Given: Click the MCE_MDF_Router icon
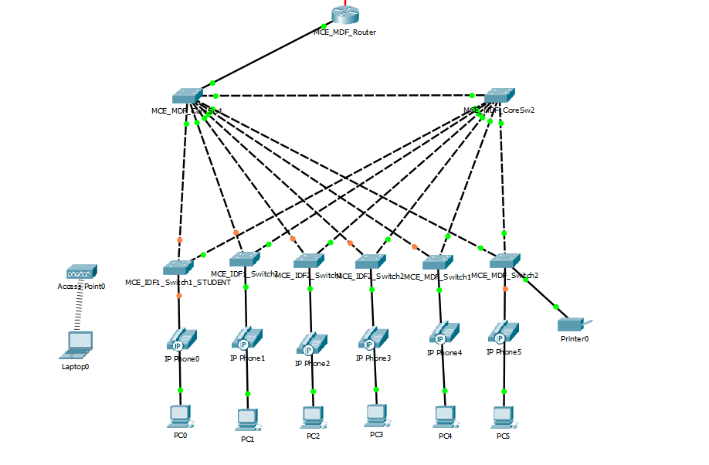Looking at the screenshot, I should point(345,14).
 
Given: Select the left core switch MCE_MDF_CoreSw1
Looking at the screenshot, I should point(187,96).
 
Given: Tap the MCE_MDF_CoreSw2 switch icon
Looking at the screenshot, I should point(500,95).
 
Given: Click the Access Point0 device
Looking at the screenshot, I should point(81,272).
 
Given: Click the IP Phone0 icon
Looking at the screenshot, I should point(181,339).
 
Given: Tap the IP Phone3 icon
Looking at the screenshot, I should point(374,338).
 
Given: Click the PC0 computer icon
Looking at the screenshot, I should point(181,416).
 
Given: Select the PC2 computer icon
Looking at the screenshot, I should point(313,416).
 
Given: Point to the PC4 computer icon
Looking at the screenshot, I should point(445,416).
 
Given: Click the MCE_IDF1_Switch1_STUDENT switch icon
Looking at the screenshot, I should point(179,266).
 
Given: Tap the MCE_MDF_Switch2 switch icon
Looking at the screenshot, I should point(505,260).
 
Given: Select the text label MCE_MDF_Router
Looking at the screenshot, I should point(344,32).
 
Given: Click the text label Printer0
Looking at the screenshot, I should point(575,339).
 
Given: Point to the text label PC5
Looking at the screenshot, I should point(504,436).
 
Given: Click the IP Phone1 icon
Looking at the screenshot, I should point(247,339).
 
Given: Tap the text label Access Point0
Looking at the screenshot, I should point(81,287).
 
